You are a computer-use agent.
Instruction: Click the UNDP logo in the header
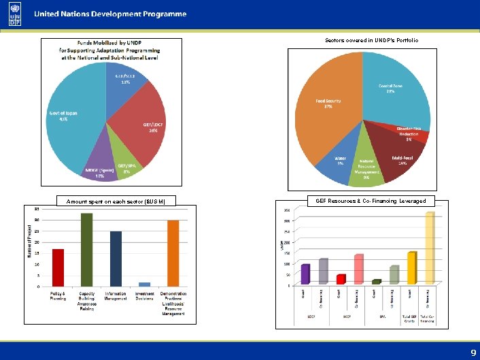[14, 15]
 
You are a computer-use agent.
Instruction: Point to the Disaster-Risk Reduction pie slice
[411, 134]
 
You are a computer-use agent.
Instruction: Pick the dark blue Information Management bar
[116, 259]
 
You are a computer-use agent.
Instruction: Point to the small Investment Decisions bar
[144, 284]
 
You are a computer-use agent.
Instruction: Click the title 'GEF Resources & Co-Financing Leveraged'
[371, 201]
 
